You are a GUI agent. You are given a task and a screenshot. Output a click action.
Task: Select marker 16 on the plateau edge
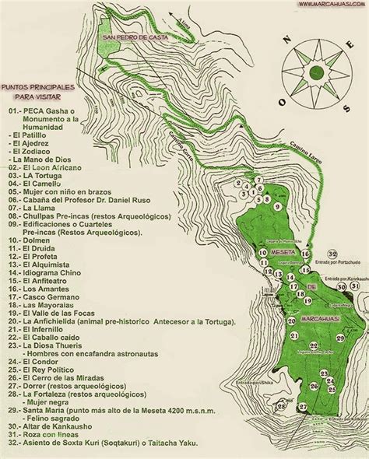click(x=304, y=254)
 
